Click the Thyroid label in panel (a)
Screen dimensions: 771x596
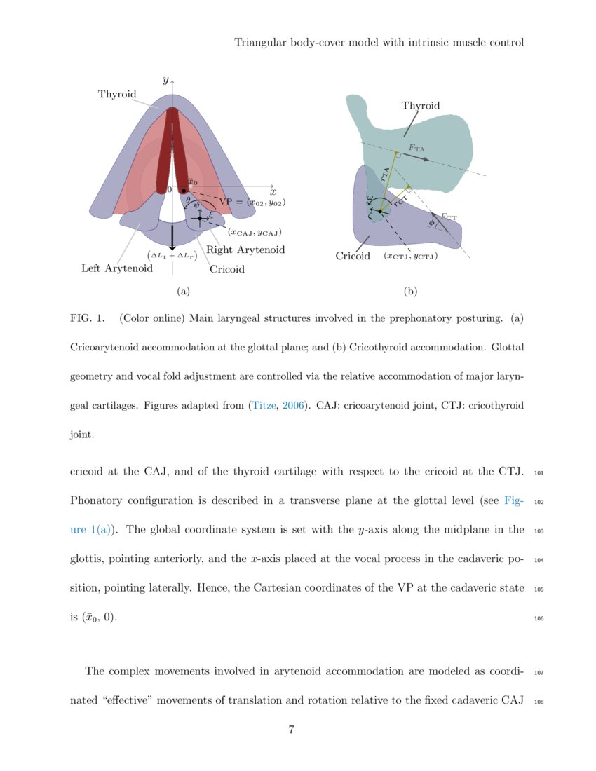[117, 95]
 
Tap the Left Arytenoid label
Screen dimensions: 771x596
[117, 268]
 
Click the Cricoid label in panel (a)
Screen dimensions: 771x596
[227, 268]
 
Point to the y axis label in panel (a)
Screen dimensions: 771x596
[165, 80]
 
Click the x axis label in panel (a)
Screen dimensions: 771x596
[273, 191]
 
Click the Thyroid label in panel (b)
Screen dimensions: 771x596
[421, 106]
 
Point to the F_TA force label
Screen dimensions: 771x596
[416, 149]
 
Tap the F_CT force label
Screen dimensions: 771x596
[449, 217]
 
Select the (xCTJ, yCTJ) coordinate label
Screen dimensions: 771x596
[411, 257]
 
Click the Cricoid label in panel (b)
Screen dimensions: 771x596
[353, 256]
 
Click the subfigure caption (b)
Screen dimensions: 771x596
[411, 291]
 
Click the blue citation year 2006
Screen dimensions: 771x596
[293, 405]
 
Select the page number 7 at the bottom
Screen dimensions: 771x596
[291, 730]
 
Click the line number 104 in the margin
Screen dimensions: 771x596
[539, 561]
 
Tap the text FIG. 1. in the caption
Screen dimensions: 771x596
[87, 318]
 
